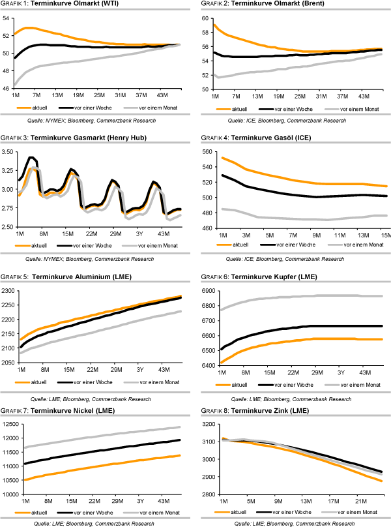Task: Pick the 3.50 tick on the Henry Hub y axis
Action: tap(8, 152)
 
